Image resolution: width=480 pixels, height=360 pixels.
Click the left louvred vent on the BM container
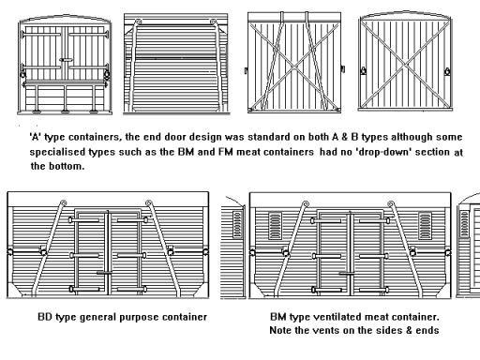pos(275,225)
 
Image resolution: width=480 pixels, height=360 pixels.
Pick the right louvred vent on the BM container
pos(425,225)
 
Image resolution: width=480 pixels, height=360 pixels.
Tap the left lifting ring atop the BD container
pos(63,202)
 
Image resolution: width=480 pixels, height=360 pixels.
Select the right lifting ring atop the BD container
pos(149,203)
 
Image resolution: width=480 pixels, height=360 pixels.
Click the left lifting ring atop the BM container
pos(306,204)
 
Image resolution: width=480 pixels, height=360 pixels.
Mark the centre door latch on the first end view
pos(67,59)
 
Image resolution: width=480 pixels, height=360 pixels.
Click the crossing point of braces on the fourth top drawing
pos(405,65)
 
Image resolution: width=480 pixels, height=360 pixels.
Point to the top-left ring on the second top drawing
pos(138,22)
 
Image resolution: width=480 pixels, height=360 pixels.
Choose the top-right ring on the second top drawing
pos(214,22)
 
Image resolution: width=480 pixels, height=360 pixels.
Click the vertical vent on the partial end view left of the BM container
pos(237,224)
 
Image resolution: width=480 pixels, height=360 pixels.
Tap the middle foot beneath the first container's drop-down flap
pos(66,111)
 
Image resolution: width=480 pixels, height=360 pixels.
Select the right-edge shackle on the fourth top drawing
pos(447,71)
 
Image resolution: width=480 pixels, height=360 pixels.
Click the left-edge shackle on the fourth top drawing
pos(364,70)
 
